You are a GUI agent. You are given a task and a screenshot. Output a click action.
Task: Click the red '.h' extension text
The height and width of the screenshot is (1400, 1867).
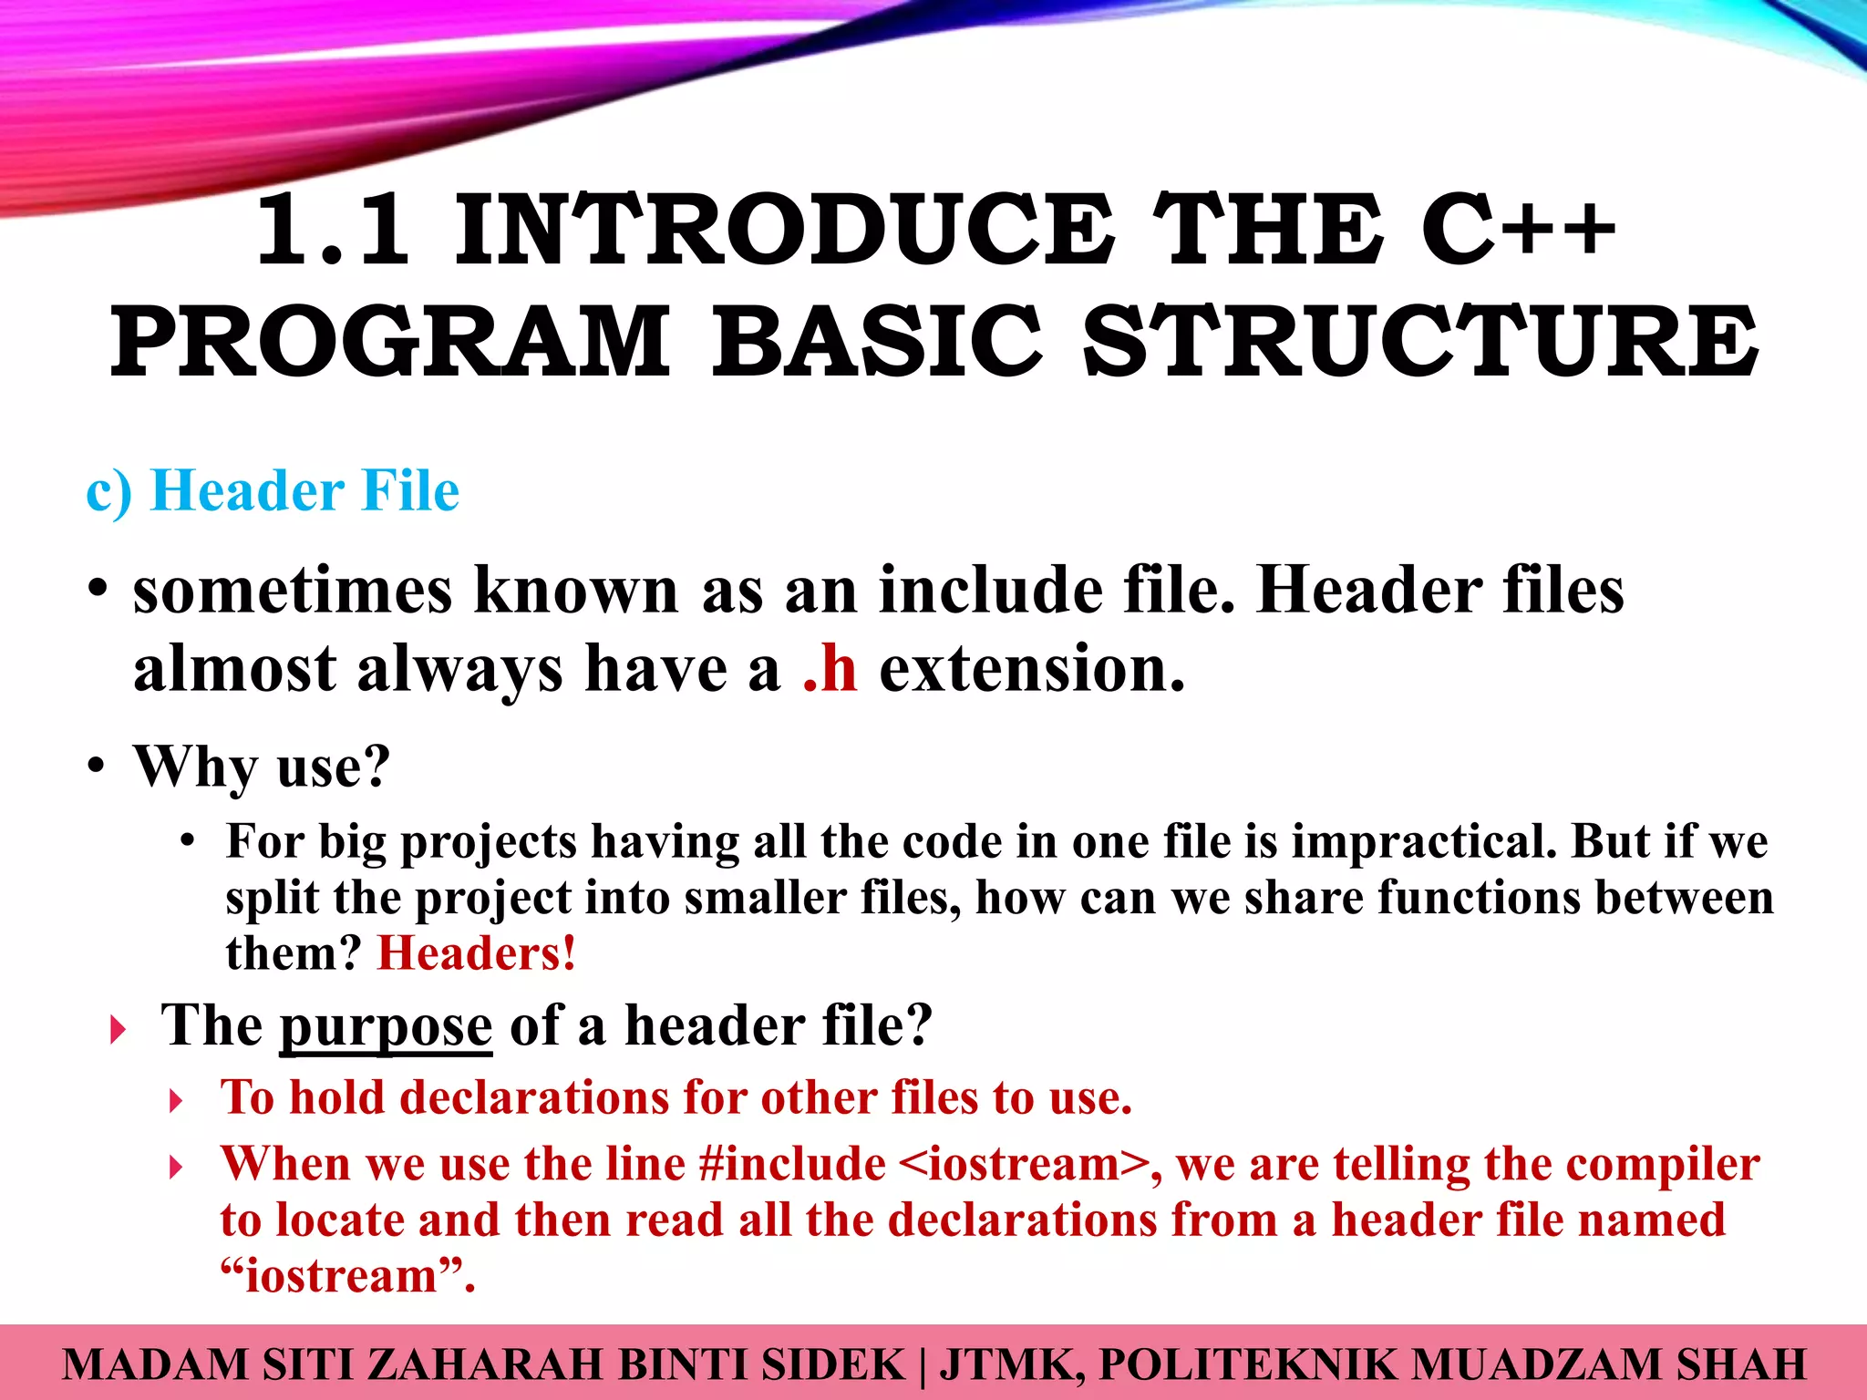tap(830, 669)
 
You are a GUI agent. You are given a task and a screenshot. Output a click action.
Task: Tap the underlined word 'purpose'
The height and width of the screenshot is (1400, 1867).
tap(386, 1027)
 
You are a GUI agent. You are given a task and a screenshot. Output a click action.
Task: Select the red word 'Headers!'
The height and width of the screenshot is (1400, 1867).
tap(477, 953)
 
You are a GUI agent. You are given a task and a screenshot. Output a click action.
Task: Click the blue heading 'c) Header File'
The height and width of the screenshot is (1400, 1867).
tap(273, 491)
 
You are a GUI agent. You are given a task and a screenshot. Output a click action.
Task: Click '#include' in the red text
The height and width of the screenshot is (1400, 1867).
tap(792, 1164)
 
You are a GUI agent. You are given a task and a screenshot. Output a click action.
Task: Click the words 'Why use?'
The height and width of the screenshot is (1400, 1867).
tap(263, 767)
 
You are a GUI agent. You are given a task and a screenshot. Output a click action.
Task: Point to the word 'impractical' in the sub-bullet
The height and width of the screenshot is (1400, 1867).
tap(1423, 840)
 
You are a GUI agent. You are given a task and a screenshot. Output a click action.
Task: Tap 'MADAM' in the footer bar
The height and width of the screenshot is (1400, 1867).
tap(155, 1364)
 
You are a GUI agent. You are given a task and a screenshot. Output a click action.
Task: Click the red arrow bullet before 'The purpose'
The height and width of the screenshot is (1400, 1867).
tap(118, 1031)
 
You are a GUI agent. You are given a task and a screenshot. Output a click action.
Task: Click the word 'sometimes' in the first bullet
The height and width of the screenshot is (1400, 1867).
tap(293, 591)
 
